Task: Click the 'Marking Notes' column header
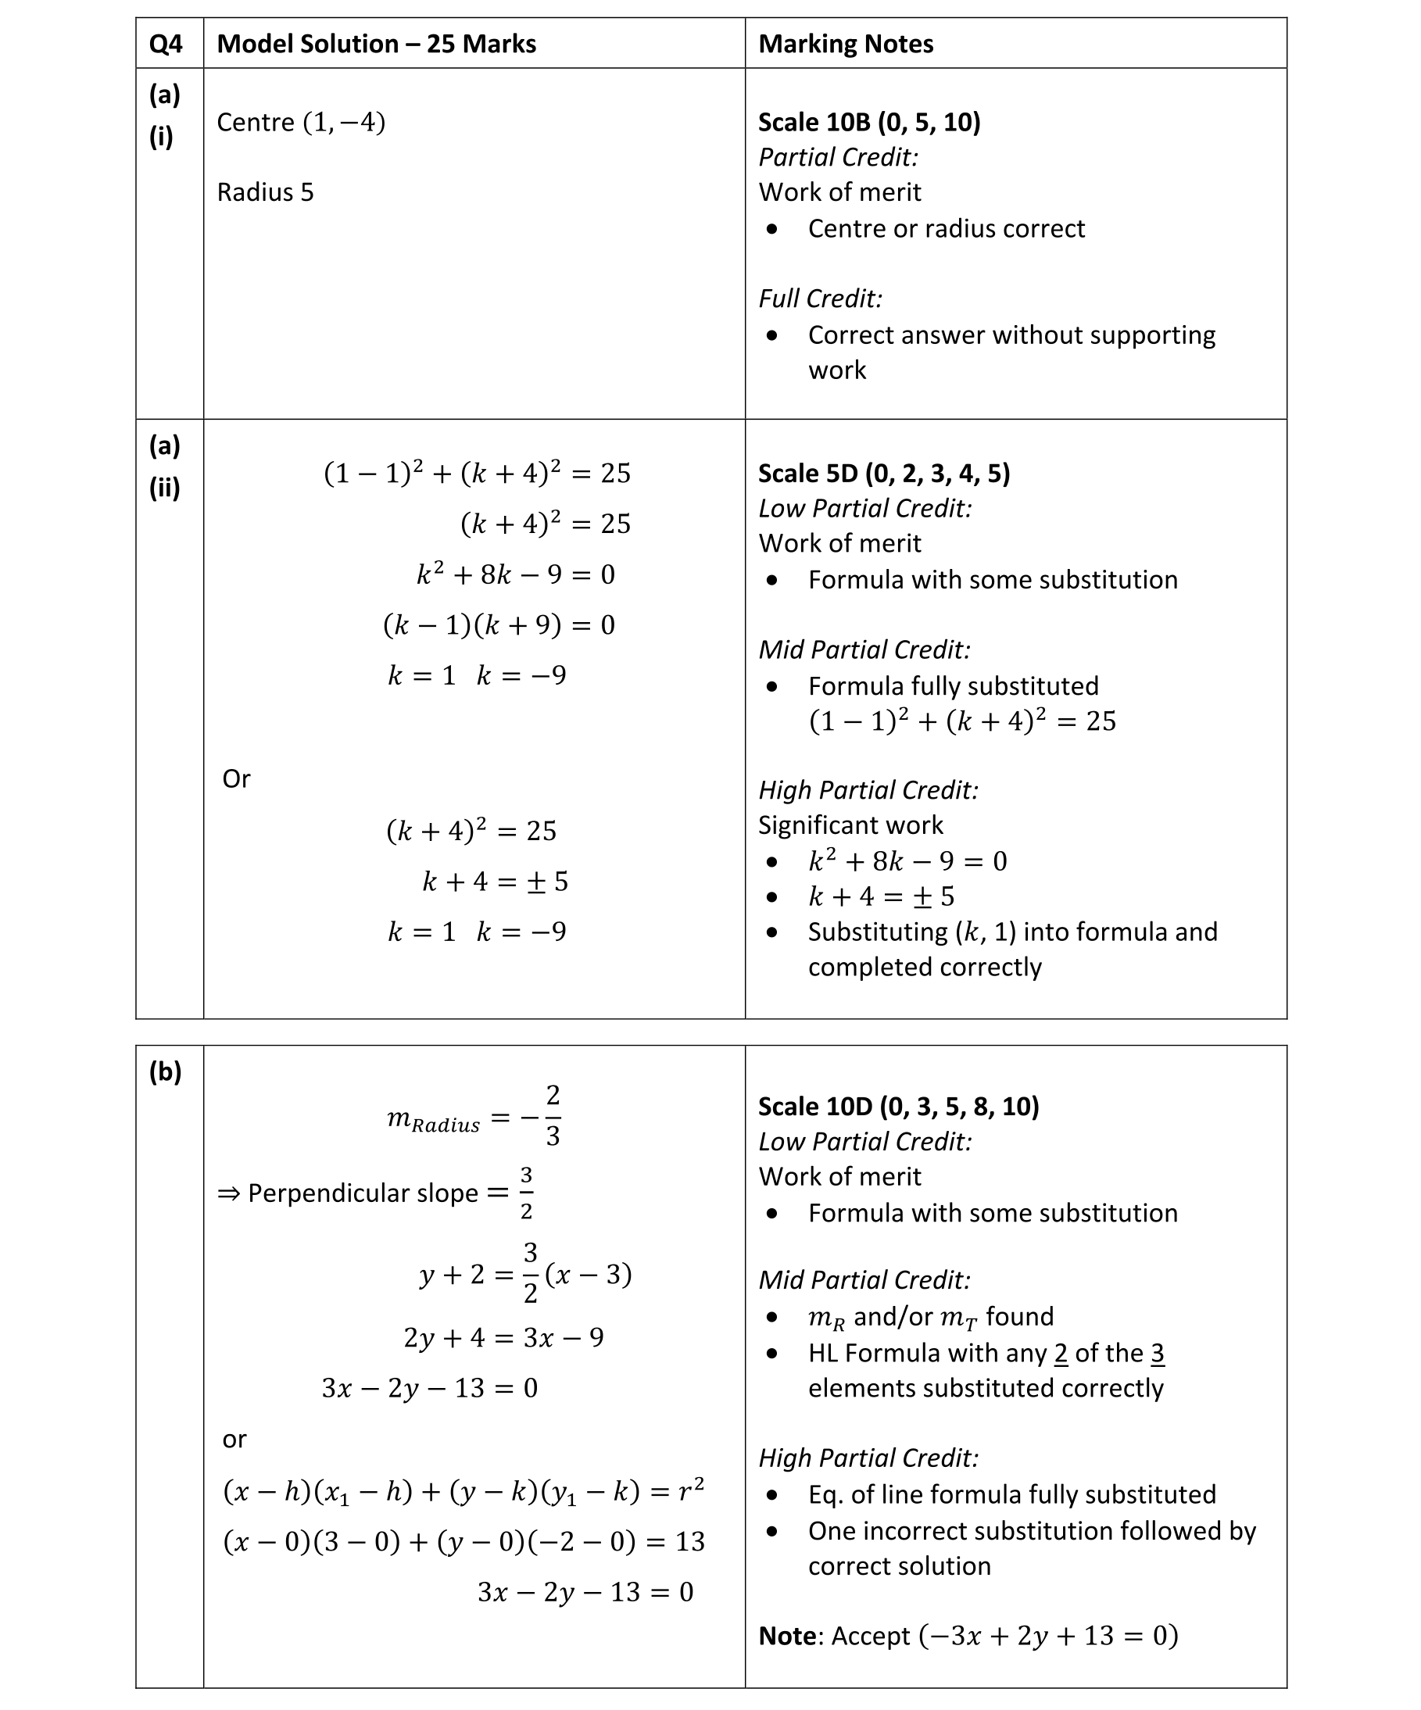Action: click(845, 44)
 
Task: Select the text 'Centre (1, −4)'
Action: click(300, 122)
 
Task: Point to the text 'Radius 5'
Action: click(265, 192)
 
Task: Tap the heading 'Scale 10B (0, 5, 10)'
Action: click(869, 122)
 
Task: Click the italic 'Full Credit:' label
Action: click(820, 299)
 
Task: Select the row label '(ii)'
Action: click(163, 488)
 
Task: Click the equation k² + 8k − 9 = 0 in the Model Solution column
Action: click(515, 575)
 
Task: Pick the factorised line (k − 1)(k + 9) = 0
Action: click(499, 625)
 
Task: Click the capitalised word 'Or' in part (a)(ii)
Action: click(236, 779)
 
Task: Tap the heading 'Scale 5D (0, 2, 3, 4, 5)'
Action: click(883, 473)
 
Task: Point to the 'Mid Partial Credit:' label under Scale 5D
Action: click(864, 649)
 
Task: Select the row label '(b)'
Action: click(164, 1071)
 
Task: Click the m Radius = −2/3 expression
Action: click(474, 1116)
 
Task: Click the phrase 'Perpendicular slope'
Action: click(363, 1193)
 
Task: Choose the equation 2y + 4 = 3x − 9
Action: click(503, 1338)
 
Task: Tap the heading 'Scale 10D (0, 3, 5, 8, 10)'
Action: click(898, 1107)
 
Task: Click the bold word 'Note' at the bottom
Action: click(786, 1636)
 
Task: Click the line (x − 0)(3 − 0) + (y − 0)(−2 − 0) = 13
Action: click(464, 1541)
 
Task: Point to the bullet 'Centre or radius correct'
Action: click(946, 229)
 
